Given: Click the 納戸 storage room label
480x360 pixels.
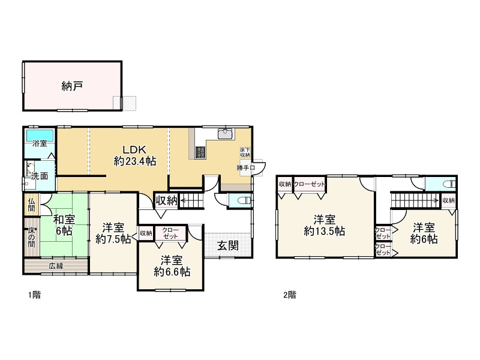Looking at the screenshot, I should tap(72, 86).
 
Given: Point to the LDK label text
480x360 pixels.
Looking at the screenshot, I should tap(136, 149).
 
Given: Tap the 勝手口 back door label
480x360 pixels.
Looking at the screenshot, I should tap(246, 168).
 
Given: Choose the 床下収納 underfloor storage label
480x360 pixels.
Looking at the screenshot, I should tap(245, 152).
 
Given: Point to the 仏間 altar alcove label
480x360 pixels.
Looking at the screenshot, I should tap(31, 205).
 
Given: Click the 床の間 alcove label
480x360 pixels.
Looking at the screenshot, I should tap(31, 236).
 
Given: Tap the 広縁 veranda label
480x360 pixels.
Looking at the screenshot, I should tap(56, 265).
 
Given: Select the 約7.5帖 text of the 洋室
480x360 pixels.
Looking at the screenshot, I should tap(113, 239).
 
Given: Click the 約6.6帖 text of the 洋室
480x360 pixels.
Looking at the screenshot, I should tap(172, 272).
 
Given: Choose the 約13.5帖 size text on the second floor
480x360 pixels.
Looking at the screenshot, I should tap(324, 231).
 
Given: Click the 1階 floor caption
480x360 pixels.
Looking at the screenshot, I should tap(34, 295).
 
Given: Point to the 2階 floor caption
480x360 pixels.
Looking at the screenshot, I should tap(290, 295).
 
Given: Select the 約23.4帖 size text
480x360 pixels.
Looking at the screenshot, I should tap(136, 161).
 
